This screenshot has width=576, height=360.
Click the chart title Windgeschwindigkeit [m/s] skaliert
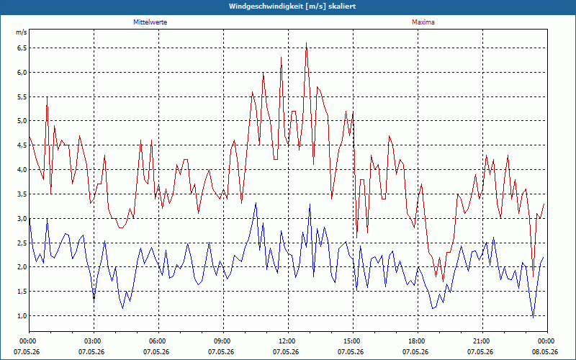(292, 6)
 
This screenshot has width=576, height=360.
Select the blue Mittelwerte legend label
(150, 22)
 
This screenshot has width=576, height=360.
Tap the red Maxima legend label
(423, 22)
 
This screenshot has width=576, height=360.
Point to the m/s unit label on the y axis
(22, 32)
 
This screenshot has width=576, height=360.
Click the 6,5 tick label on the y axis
(22, 48)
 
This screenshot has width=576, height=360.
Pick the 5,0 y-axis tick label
(22, 121)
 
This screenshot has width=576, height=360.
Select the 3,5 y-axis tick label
(22, 194)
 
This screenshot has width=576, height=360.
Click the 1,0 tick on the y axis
(22, 315)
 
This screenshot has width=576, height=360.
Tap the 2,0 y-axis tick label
(22, 267)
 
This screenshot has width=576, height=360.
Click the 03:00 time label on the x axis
(94, 341)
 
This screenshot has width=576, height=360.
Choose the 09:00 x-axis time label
(223, 341)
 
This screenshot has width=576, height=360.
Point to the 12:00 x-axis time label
(289, 341)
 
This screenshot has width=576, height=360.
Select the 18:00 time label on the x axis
(418, 341)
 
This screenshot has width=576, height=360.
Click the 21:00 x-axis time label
(482, 341)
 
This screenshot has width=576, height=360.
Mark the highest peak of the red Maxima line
(307, 43)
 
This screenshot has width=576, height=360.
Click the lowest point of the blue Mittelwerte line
(533, 318)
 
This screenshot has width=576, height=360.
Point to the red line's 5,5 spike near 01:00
(47, 97)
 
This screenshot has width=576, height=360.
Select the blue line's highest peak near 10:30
(256, 203)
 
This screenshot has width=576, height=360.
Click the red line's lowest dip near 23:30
(533, 276)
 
